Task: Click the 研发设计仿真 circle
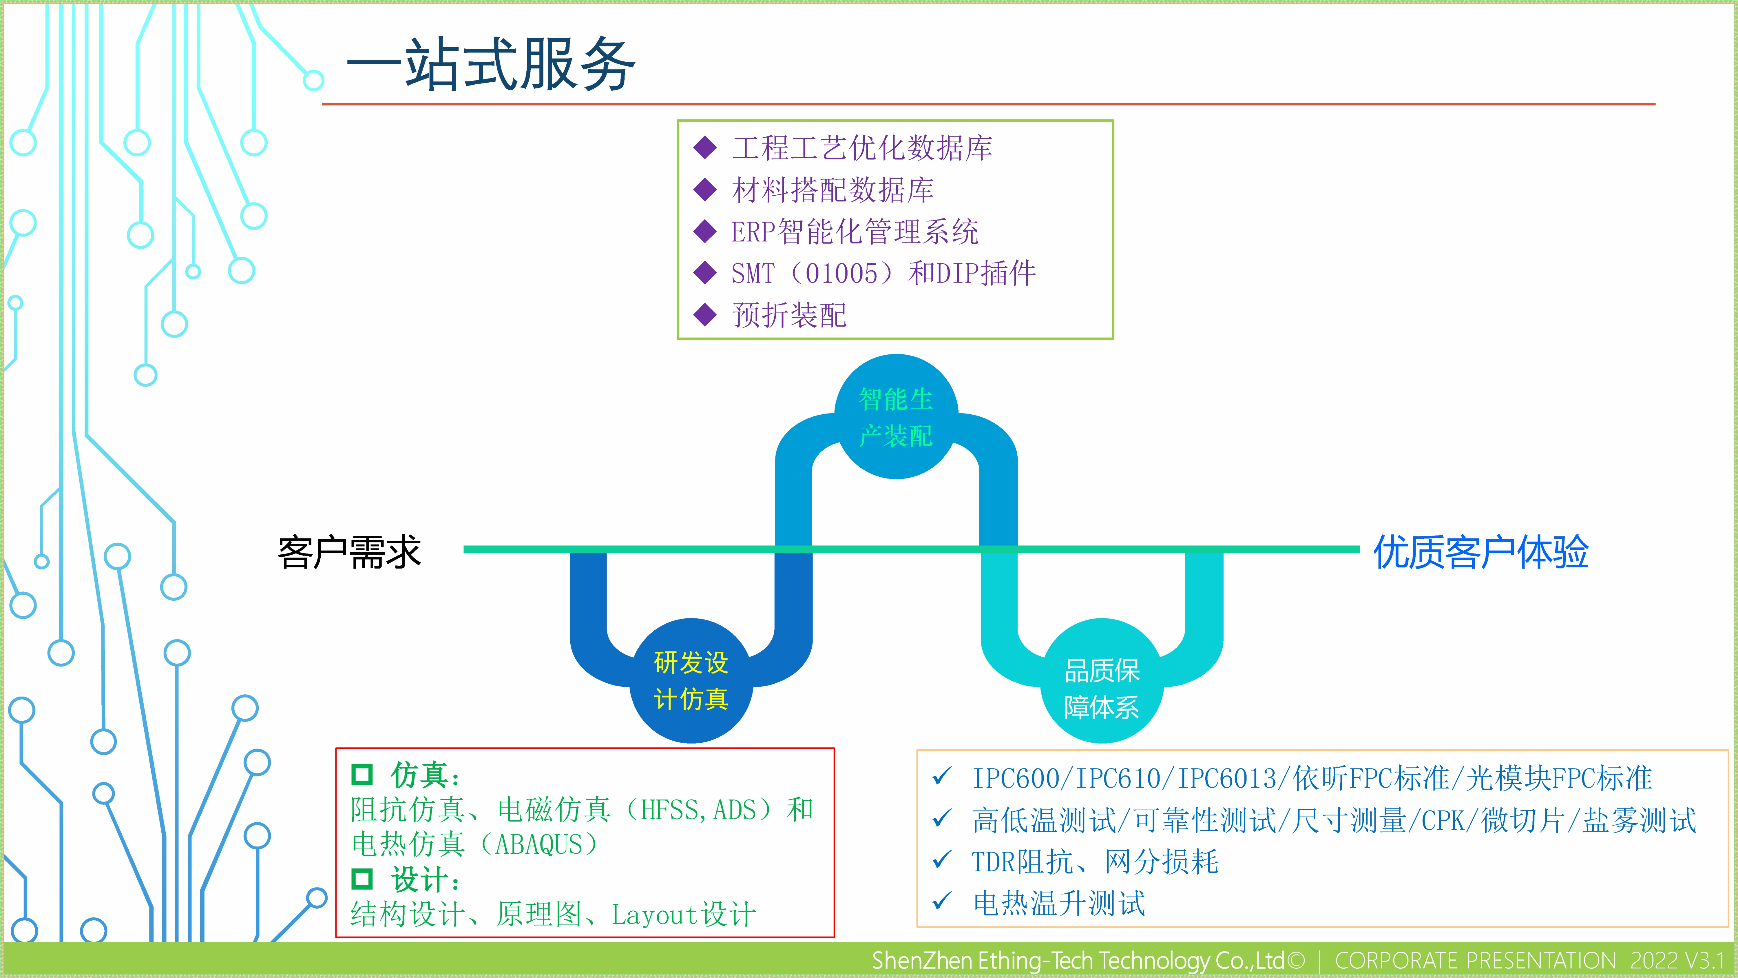(691, 680)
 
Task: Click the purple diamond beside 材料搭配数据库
(705, 190)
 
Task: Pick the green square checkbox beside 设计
(362, 879)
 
